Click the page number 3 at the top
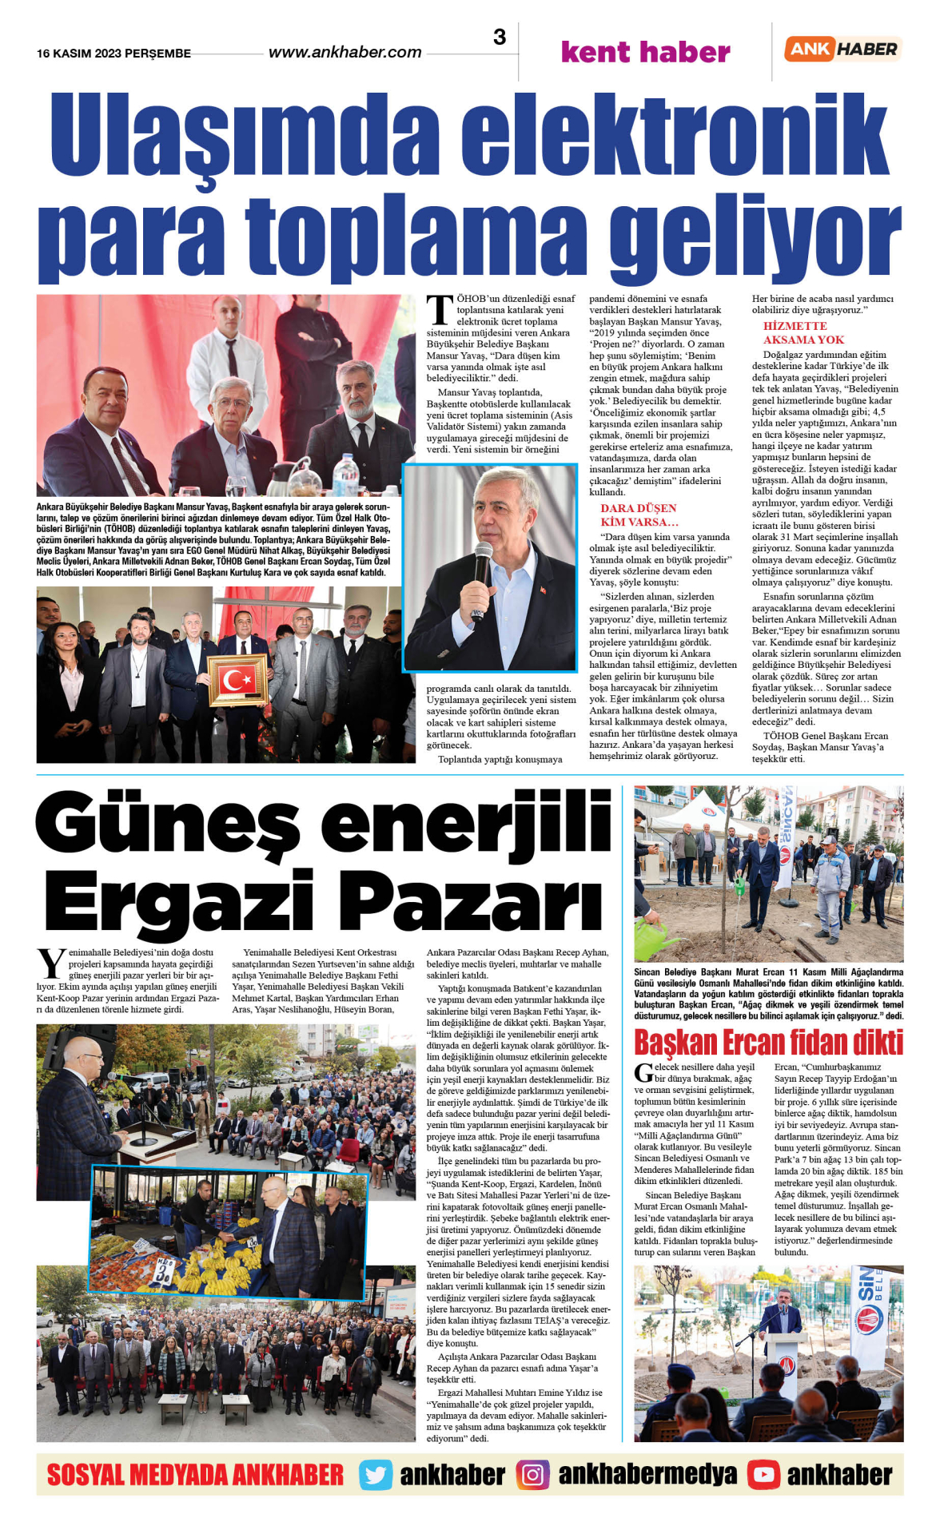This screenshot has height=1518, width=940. (x=500, y=38)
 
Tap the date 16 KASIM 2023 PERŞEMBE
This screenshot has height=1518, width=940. (x=114, y=54)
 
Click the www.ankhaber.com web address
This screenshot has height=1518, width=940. (x=345, y=53)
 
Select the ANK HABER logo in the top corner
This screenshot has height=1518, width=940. (x=842, y=49)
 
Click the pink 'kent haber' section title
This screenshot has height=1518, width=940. (x=645, y=53)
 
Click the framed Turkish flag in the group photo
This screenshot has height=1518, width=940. (x=237, y=680)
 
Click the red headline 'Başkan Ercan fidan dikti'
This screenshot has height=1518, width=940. (x=768, y=1043)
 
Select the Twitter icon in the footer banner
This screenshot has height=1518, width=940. (x=375, y=1475)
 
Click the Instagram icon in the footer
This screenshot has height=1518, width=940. (x=532, y=1475)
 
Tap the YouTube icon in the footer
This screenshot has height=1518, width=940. (x=763, y=1475)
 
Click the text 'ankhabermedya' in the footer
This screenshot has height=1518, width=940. (x=647, y=1475)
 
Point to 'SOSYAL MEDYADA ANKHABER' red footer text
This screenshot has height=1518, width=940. (x=195, y=1475)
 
